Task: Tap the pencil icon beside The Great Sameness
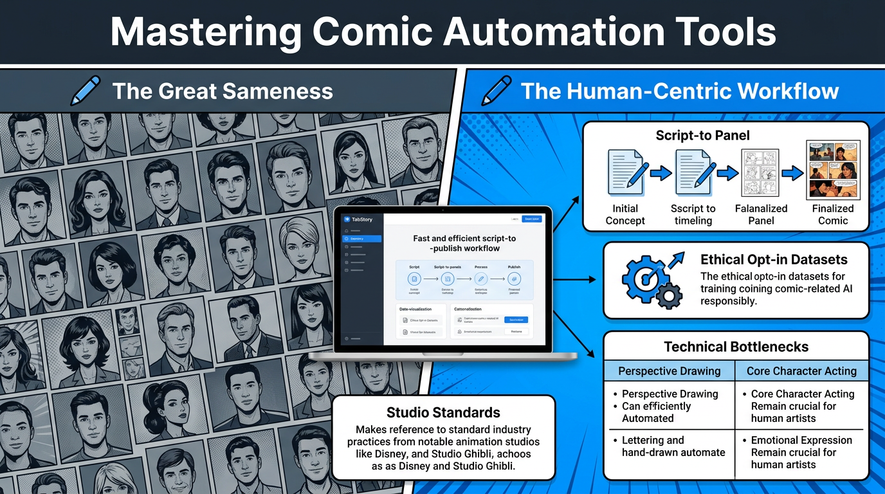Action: (87, 91)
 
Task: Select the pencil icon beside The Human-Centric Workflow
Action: (496, 91)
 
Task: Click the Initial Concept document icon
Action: (625, 172)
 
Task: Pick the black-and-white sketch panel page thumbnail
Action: (760, 172)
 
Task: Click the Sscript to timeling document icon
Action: (693, 172)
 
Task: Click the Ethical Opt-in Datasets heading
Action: (774, 260)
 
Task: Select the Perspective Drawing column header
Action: (669, 371)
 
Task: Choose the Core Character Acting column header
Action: (801, 371)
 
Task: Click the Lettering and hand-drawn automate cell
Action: (673, 446)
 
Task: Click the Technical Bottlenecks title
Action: (736, 347)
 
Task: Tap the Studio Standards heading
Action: (443, 412)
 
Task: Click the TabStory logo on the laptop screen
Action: (358, 219)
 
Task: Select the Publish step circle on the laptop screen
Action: (514, 279)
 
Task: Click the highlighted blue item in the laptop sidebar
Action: (362, 239)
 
